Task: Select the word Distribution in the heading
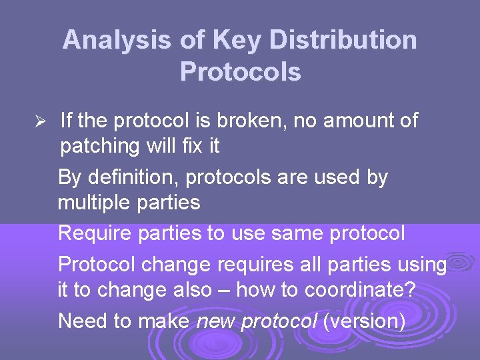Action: pyautogui.click(x=343, y=41)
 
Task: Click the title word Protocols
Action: pyautogui.click(x=240, y=71)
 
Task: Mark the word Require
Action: pyautogui.click(x=95, y=234)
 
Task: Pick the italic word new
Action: pyautogui.click(x=216, y=321)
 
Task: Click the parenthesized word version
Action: pyautogui.click(x=364, y=321)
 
